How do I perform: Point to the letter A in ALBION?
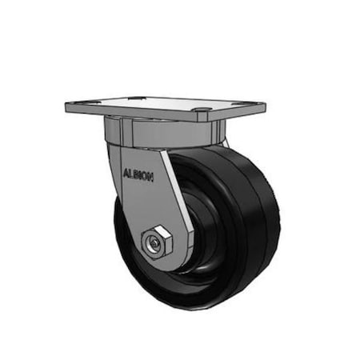[126, 170]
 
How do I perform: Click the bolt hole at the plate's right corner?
[202, 110]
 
